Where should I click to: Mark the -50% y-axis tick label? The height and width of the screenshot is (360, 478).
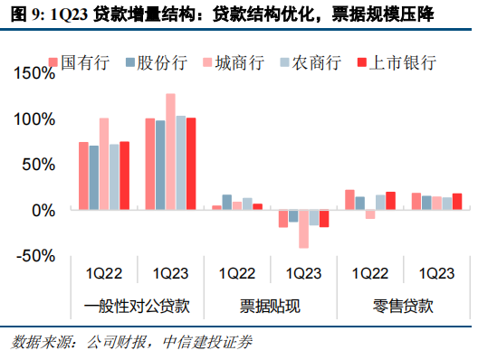(34, 256)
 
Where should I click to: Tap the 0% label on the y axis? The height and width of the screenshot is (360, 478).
(42, 210)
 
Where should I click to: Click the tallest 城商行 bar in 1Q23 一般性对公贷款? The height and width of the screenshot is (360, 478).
(170, 151)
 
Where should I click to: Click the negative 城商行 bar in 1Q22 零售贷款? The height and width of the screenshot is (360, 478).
(369, 214)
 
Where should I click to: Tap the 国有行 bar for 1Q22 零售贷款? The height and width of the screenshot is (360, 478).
(349, 200)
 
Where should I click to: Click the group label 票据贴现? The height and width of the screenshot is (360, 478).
(268, 302)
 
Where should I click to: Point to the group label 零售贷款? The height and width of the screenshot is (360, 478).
(401, 302)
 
